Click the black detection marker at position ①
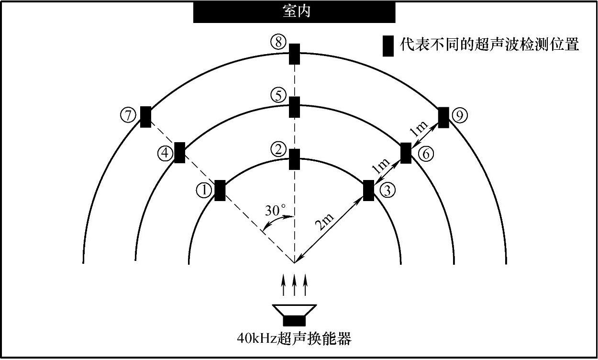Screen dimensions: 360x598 (x=220, y=190)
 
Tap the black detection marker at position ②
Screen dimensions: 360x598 (x=294, y=159)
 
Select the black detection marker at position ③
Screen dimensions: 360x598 (x=368, y=190)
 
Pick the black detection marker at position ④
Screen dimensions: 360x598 (x=180, y=153)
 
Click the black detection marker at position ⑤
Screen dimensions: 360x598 (x=294, y=107)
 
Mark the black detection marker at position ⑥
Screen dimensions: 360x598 (x=406, y=153)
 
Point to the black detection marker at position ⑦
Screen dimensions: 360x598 (x=145, y=116)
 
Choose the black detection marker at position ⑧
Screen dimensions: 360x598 (x=294, y=54)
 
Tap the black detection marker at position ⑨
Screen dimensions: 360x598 (x=443, y=117)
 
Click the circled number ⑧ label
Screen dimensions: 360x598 (x=278, y=43)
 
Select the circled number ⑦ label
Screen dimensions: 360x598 (x=127, y=115)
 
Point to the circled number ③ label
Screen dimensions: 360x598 (x=387, y=191)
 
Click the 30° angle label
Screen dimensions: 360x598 (x=276, y=210)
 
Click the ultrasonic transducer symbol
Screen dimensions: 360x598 (x=294, y=315)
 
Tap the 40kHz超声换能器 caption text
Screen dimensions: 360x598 (x=294, y=339)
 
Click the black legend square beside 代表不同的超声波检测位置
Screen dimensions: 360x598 (x=388, y=46)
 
